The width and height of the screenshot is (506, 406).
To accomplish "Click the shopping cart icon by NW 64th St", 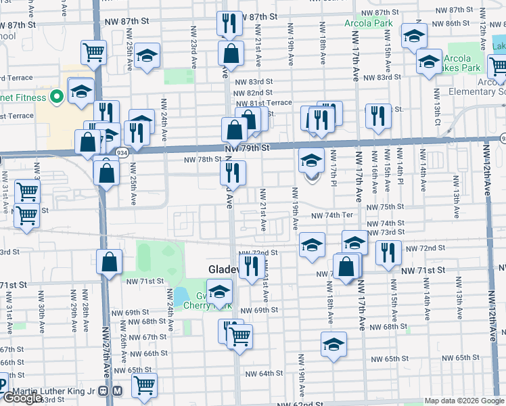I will [144, 385].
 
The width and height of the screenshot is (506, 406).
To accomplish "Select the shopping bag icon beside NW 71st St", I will [109, 263].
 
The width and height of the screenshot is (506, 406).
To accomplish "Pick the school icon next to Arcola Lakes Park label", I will [429, 64].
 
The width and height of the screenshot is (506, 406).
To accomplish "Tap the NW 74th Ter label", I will [333, 215].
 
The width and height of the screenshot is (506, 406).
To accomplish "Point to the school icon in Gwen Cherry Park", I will [219, 292].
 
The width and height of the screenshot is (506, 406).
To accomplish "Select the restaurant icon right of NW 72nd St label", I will [388, 253].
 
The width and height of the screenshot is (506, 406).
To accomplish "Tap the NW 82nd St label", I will [252, 93].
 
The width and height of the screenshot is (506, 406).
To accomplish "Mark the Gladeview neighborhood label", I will [223, 269].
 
